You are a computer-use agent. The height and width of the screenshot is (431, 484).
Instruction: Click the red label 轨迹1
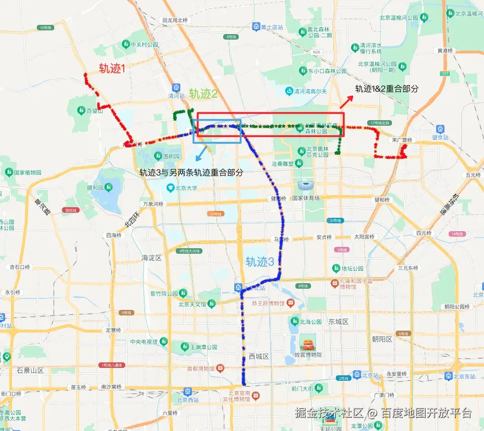(112, 69)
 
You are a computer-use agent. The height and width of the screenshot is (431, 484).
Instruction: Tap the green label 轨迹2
(203, 94)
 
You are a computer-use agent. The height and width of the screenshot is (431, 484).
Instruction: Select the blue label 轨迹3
(259, 262)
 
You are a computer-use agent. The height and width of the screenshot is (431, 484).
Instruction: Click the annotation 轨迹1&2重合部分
(386, 89)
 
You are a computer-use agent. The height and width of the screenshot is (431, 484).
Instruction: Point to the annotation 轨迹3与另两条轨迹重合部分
(191, 173)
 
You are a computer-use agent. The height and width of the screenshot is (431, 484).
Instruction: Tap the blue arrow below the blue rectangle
(201, 153)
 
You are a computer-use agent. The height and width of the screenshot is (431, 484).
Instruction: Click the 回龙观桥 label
(175, 20)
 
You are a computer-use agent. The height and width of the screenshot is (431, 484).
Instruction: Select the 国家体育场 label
(305, 198)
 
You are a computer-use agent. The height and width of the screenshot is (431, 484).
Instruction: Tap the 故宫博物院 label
(307, 355)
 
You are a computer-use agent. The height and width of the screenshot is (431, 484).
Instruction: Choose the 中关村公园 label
(144, 45)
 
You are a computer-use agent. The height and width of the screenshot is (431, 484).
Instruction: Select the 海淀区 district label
(151, 258)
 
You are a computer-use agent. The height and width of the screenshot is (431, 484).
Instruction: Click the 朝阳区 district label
(382, 339)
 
